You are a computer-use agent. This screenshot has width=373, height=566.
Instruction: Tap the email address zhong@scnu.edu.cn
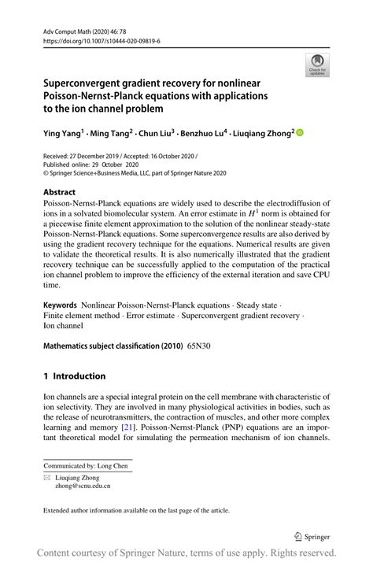87,486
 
